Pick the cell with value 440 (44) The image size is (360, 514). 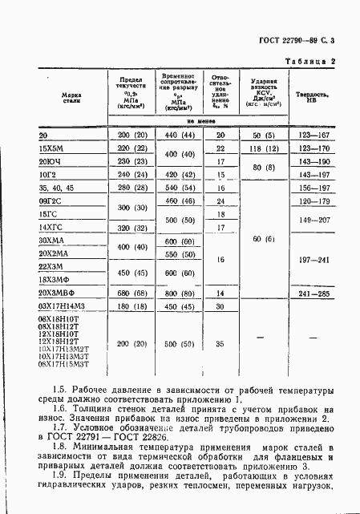174,136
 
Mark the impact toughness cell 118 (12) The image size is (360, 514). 263,148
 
